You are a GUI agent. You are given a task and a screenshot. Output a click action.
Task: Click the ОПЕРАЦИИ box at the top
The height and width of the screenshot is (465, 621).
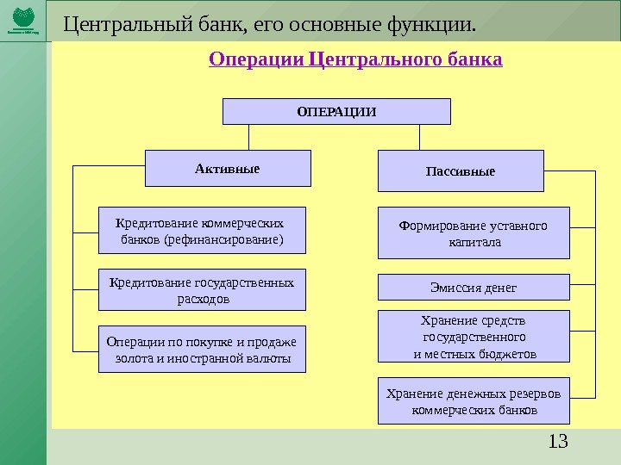pos(336,111)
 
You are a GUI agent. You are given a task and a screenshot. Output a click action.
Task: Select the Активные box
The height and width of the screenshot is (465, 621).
pos(227,169)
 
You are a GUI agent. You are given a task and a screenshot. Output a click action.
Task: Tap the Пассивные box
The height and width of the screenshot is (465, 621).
pos(461,170)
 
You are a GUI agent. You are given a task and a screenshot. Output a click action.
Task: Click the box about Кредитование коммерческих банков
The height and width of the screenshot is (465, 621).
pos(203,231)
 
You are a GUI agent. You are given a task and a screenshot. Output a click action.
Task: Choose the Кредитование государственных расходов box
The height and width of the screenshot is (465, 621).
pos(203,290)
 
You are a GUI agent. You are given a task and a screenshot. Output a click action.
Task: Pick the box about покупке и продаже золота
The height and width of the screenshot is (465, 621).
pos(203,349)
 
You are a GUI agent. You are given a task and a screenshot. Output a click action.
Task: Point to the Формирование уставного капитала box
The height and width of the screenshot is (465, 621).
pos(474,232)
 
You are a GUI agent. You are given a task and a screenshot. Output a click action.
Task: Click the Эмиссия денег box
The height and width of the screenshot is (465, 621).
pos(474,287)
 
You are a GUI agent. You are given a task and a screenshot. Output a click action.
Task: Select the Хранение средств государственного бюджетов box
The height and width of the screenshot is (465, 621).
pos(474,336)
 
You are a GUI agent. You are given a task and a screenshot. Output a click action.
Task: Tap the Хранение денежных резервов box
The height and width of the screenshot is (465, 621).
pos(474,401)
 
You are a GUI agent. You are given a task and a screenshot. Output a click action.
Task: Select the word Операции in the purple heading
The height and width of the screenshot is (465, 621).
pos(256,61)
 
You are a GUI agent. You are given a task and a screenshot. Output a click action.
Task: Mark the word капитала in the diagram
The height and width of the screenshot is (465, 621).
pos(474,242)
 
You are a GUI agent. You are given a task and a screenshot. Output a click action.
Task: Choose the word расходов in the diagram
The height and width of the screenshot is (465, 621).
pos(203,299)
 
